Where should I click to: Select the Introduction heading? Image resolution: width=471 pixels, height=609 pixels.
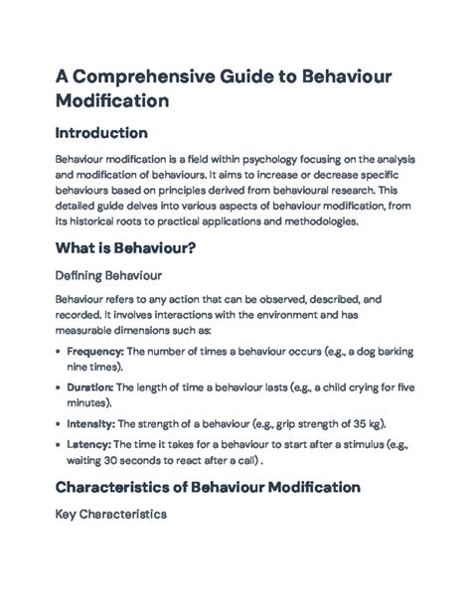(x=101, y=132)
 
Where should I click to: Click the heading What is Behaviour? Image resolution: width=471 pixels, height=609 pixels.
(x=124, y=248)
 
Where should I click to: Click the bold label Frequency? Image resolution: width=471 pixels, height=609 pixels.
(x=93, y=352)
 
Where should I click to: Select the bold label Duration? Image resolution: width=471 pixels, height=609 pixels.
(x=89, y=388)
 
